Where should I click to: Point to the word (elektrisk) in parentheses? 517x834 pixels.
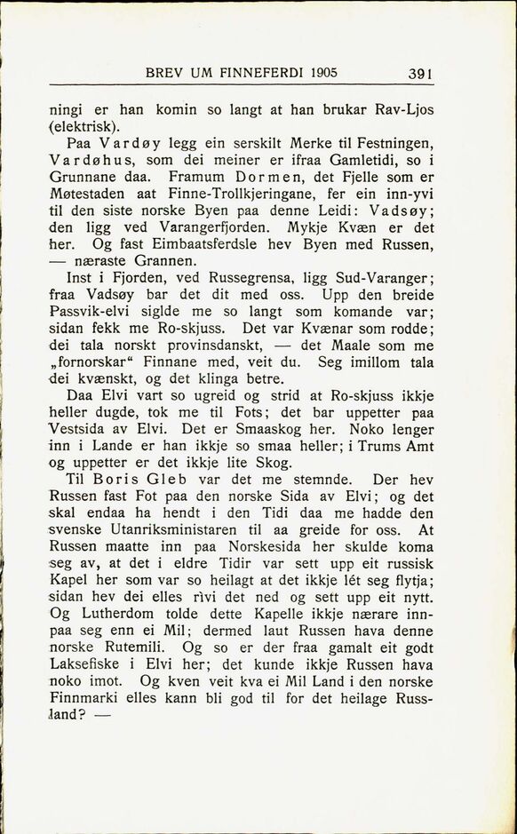84,127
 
